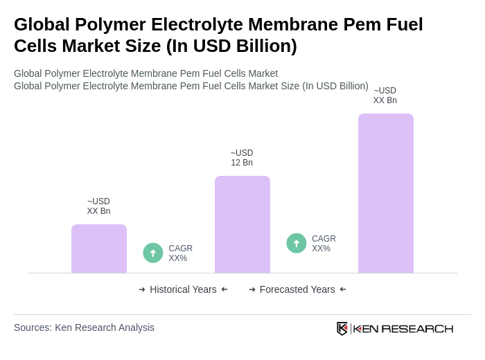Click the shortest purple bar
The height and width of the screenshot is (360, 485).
(99, 249)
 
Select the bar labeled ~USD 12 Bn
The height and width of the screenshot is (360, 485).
(242, 224)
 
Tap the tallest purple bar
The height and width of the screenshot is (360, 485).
(386, 193)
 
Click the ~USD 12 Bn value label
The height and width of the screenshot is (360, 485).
(242, 158)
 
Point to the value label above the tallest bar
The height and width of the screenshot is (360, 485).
(385, 96)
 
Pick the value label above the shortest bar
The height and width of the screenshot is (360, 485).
(98, 206)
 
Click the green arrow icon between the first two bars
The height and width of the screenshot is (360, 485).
(153, 253)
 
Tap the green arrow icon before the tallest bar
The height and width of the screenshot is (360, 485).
(297, 243)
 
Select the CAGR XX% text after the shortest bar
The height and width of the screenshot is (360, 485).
(181, 253)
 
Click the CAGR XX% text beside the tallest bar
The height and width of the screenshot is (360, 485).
(324, 244)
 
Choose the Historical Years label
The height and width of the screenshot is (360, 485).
(183, 289)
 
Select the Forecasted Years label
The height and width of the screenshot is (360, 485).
(297, 289)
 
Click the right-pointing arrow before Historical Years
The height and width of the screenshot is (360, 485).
(142, 289)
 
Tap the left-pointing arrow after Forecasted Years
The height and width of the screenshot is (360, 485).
(343, 289)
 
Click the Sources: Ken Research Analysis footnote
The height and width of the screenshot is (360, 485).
(84, 327)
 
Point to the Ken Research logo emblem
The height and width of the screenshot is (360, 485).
(342, 328)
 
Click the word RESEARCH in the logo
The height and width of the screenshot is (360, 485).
(417, 329)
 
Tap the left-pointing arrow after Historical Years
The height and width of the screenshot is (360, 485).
(224, 289)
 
